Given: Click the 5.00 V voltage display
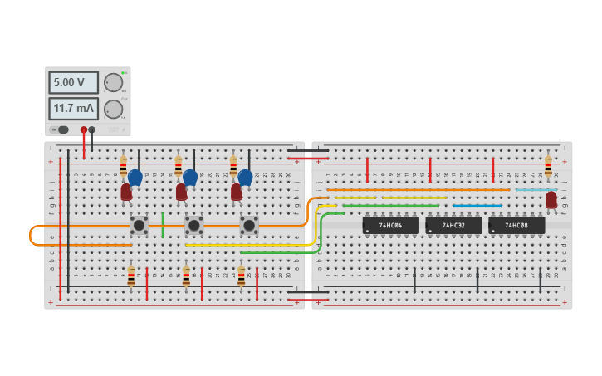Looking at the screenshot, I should pos(73,83).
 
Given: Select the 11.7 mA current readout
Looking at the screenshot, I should pos(73,109).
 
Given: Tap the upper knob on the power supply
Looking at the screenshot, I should pos(113,82).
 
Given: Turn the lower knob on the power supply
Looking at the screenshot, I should pos(113,109).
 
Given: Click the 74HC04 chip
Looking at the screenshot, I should pos(390,225).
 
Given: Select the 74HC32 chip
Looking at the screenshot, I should pos(453,225).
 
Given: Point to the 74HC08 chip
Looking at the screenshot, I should pos(516,225).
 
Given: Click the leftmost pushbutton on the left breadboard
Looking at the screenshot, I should pos(139,225).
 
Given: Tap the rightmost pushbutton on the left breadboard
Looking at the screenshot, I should pos(248,225).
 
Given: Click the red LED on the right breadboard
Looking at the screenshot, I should pos(551,200).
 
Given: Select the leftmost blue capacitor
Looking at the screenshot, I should pos(135,177).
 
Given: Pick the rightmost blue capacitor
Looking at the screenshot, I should pos(245,177).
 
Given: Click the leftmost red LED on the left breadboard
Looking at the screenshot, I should pos(126,192).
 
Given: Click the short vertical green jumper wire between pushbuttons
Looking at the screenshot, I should pos(163,225).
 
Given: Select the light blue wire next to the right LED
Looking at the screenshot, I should pos(532,190).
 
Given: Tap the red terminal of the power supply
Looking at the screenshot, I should pos(84,129).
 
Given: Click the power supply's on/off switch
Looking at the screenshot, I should pos(60,129).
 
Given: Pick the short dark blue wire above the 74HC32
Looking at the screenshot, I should pos(477,205).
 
